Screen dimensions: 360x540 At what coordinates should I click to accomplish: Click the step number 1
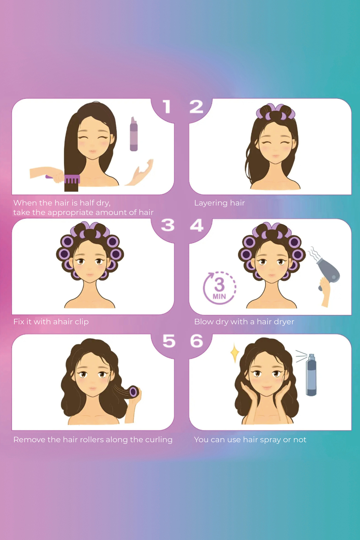[167, 107]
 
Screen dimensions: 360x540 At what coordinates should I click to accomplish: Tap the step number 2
[196, 107]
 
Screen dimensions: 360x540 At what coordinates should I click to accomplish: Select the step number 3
[168, 225]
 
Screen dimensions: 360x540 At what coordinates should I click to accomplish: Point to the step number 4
[197, 225]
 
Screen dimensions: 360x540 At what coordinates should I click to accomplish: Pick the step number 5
[169, 341]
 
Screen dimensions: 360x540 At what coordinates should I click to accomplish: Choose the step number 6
[197, 341]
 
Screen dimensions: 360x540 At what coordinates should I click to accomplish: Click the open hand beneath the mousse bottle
[139, 172]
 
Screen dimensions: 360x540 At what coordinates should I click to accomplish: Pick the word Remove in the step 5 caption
[29, 439]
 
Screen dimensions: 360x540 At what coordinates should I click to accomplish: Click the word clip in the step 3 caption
[82, 322]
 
